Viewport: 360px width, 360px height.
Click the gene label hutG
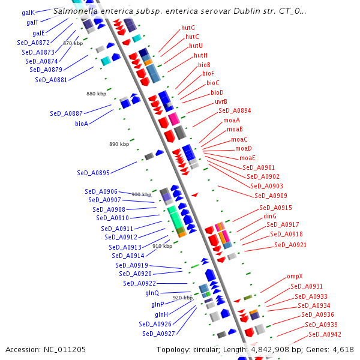coord(188,28)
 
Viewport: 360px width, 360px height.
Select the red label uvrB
coord(221,101)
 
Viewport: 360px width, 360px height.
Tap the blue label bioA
coord(82,124)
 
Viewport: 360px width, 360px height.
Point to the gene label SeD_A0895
coord(93,173)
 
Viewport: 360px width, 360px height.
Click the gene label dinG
coord(270,216)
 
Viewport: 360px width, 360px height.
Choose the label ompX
coord(295,277)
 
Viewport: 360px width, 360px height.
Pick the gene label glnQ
coord(152,293)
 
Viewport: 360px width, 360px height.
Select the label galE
coord(38,33)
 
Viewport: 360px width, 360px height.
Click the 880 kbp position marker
coord(96,94)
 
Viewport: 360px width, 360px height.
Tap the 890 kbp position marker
coord(119,144)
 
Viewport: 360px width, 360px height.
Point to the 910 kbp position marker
coord(162,246)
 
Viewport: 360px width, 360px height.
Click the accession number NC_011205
coord(65,350)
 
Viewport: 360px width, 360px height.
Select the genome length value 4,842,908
coord(270,350)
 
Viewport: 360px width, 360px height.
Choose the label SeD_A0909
coord(271,196)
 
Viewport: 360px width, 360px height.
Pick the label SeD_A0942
coord(325,334)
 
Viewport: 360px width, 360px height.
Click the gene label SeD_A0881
coord(51,80)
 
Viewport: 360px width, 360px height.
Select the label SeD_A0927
coord(158,334)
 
